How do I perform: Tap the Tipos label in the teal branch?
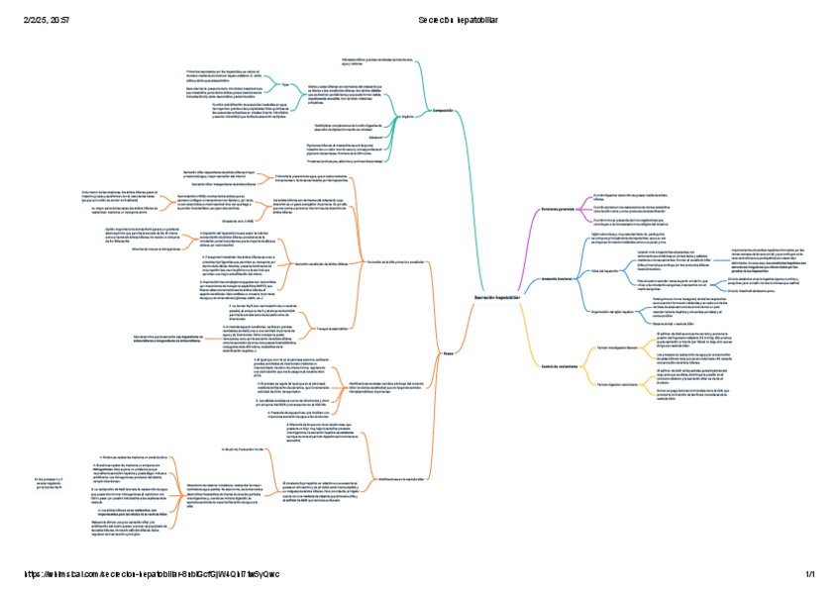(285, 85)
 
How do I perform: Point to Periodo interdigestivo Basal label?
(616, 349)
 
